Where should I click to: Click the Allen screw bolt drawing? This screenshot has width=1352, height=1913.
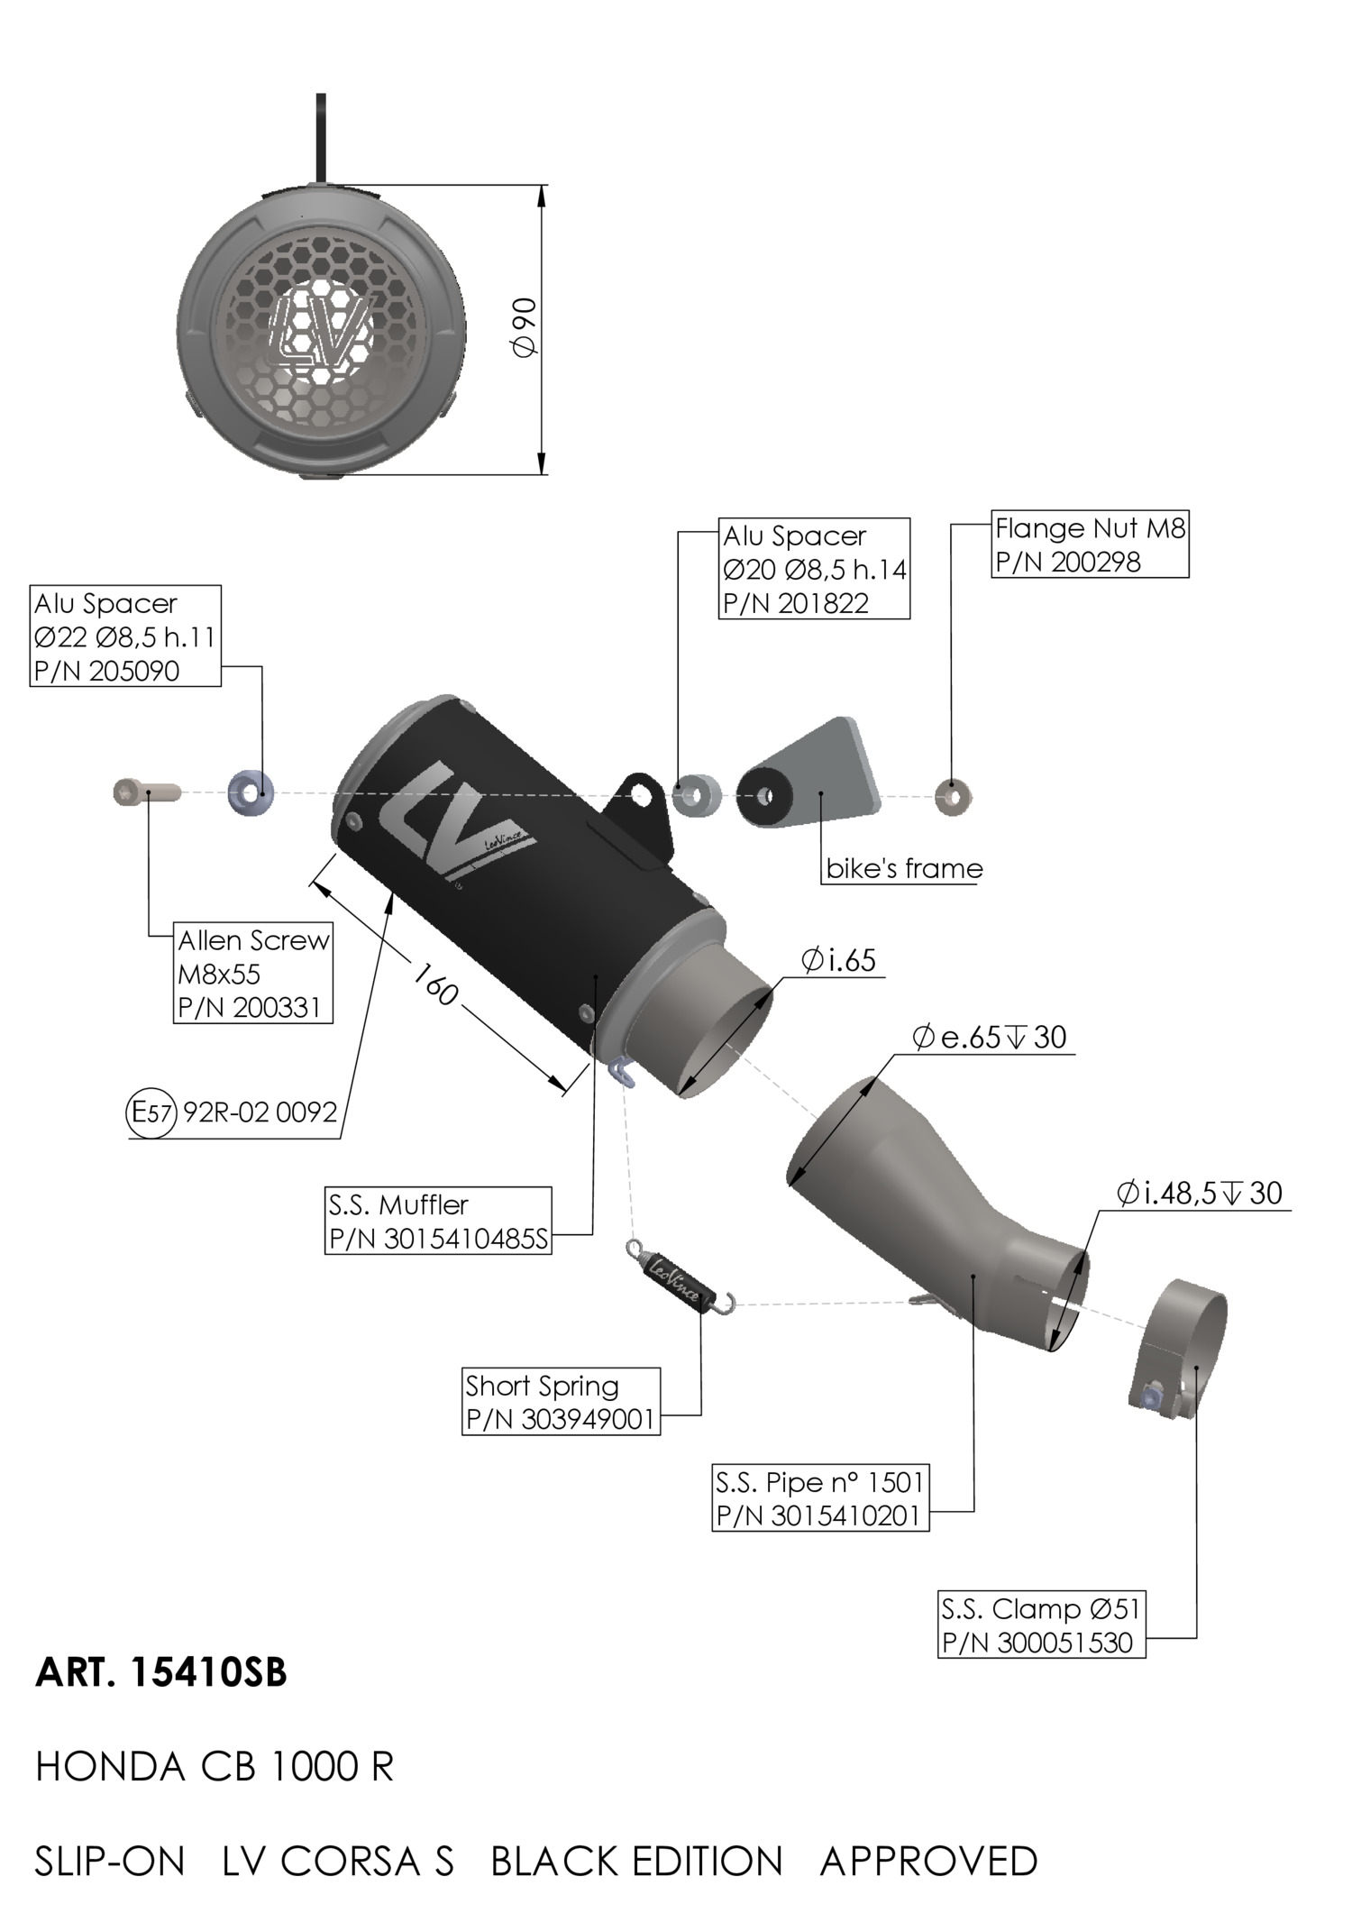(x=146, y=792)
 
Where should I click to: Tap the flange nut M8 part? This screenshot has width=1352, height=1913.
(x=952, y=796)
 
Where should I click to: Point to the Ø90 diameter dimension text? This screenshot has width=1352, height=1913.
(x=525, y=327)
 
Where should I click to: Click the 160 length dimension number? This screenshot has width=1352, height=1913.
(x=436, y=984)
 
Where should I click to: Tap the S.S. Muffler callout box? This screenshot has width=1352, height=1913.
(x=438, y=1222)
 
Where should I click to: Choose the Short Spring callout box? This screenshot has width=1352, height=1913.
(x=561, y=1401)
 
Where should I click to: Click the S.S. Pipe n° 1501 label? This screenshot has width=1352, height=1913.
(x=819, y=1482)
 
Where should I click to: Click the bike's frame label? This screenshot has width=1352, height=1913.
(x=904, y=868)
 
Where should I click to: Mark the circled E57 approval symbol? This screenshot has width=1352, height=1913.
(x=151, y=1112)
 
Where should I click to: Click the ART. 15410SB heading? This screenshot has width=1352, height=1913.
(x=161, y=1672)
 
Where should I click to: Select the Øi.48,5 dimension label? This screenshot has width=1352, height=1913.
(x=1199, y=1194)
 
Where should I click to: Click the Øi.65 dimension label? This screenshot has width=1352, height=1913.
(x=838, y=960)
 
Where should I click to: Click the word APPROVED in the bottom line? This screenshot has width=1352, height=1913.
(x=928, y=1862)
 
